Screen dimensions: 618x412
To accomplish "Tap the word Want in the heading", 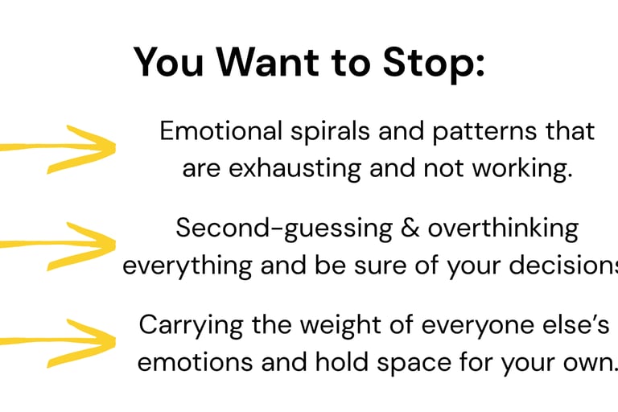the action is pos(267,62).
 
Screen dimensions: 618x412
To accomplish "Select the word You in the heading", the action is pos(169,62).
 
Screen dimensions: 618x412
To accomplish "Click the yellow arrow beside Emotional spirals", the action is pos(58,149).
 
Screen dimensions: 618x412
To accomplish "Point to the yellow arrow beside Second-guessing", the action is pos(58,246).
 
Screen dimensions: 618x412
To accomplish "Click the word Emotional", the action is pos(221,130).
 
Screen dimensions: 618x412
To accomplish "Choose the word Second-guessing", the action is pos(284,229).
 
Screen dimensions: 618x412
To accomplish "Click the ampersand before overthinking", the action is pos(410,229).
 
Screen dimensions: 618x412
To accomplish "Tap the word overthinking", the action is pos(503,229).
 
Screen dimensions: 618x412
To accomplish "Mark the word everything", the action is pos(187,266).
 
